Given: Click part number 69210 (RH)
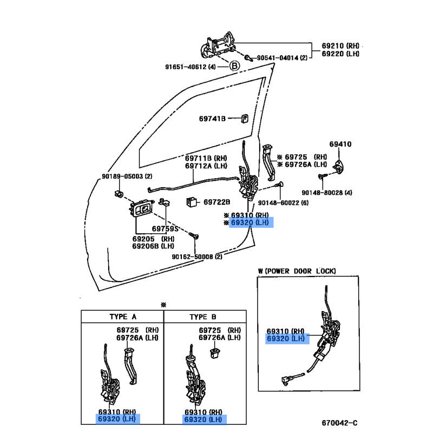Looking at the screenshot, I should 340,47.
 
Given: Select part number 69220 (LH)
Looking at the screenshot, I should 340,54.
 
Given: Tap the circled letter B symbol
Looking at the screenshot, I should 234,66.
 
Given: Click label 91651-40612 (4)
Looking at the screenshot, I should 190,67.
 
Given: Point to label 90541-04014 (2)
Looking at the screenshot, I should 281,57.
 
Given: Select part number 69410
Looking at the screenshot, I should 340,144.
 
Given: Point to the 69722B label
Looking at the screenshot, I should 217,202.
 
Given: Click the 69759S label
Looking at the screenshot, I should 165,228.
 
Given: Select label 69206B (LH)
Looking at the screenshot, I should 154,246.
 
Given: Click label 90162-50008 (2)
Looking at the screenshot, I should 197,257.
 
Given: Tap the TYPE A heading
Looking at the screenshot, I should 122,317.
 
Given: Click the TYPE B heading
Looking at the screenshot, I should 203,317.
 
